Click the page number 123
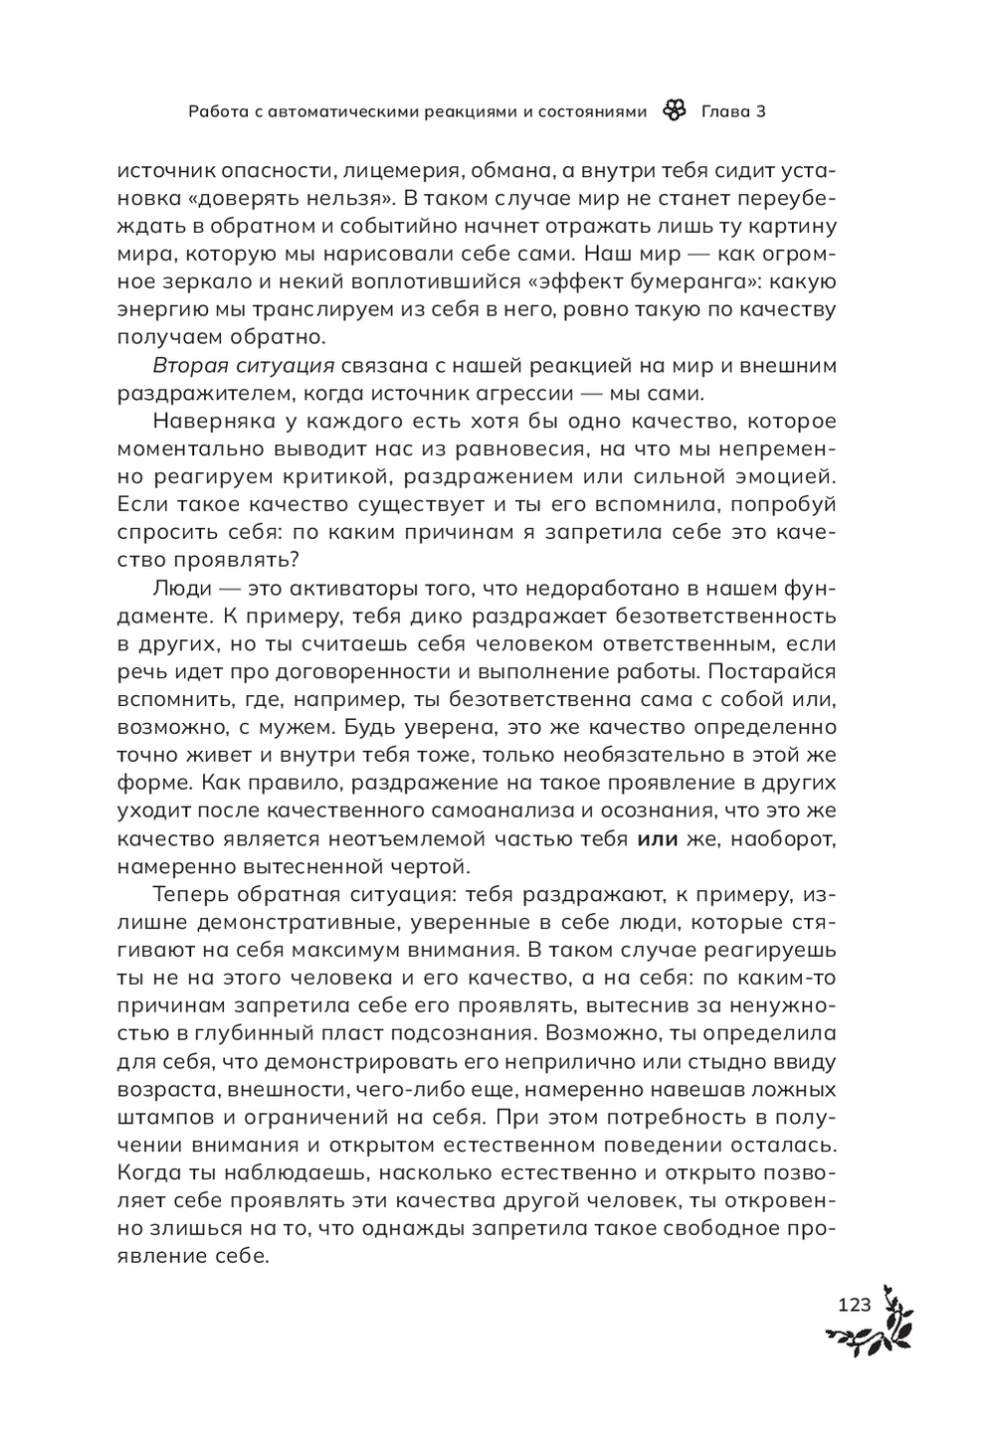click(855, 1305)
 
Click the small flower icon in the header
click(674, 111)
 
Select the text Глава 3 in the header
click(733, 111)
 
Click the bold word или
click(656, 838)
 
